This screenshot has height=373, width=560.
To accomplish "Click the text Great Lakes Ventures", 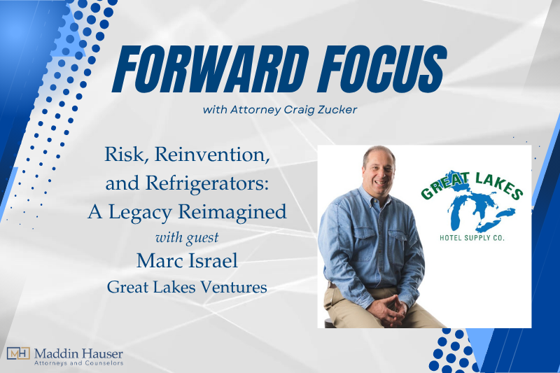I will coord(187,287).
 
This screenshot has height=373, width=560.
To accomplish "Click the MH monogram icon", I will coord(17,354).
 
